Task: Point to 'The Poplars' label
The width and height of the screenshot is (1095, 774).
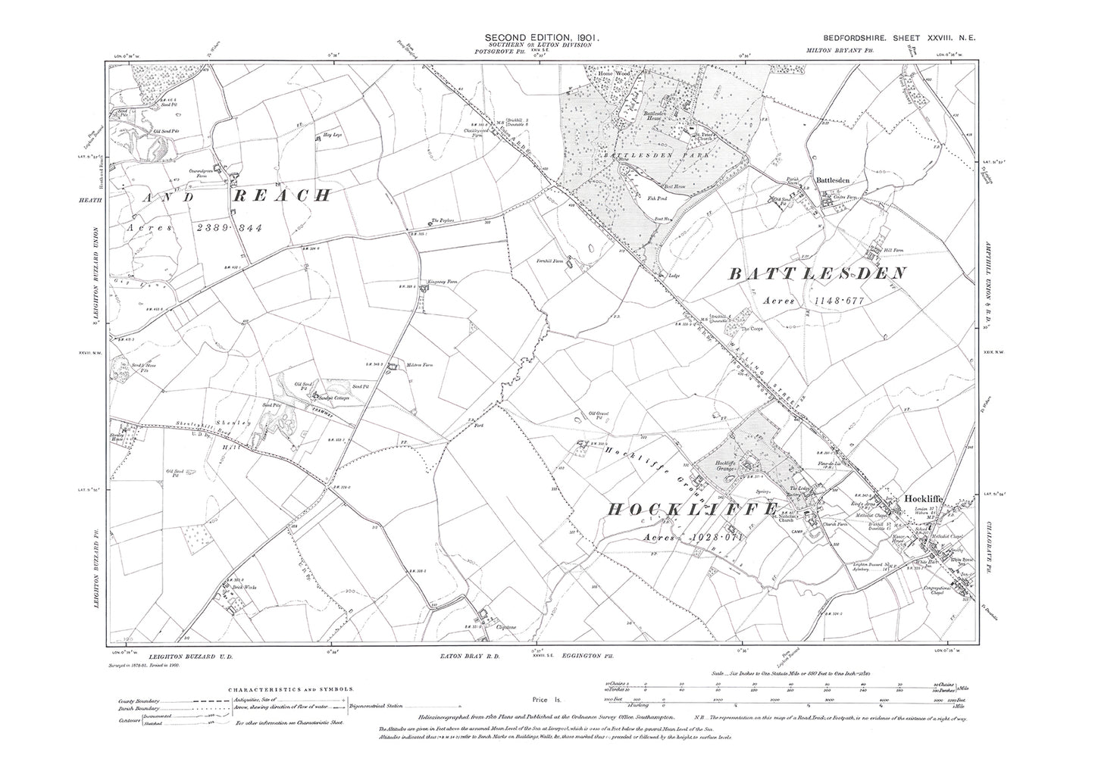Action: (442, 221)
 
